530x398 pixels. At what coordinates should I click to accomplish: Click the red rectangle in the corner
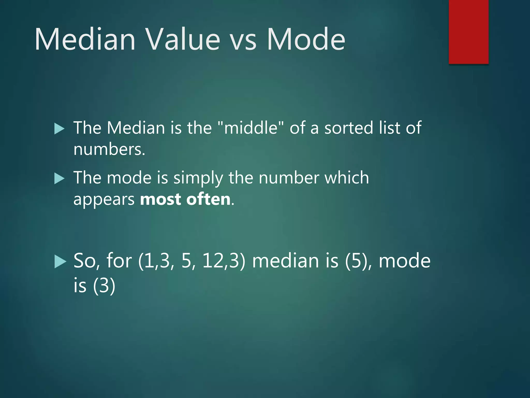coord(468,32)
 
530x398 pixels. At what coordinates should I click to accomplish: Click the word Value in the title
coord(182,39)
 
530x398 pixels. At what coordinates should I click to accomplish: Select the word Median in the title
coord(85,39)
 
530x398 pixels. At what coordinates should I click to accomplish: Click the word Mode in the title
coord(306,39)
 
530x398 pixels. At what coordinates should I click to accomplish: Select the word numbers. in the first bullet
coord(109,150)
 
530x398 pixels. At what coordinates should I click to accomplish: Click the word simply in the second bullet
coord(198,178)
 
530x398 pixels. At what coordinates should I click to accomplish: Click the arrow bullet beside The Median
coord(60,129)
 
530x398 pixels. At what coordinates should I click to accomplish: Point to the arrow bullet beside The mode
coord(60,179)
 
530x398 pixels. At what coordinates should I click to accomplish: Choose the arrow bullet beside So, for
coord(60,261)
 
